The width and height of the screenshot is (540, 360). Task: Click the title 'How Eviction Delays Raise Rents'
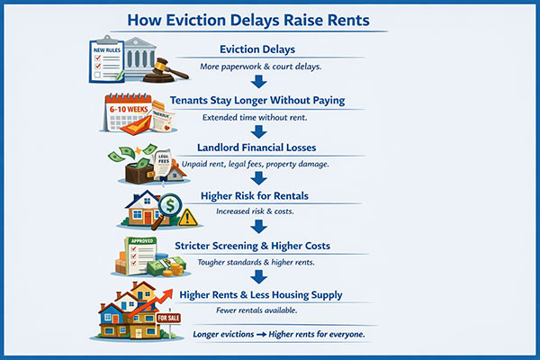(270, 18)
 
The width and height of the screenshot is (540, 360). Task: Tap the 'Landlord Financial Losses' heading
(269, 148)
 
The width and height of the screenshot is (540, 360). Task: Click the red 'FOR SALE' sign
(169, 318)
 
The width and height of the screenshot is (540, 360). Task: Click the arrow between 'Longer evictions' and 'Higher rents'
(273, 334)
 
